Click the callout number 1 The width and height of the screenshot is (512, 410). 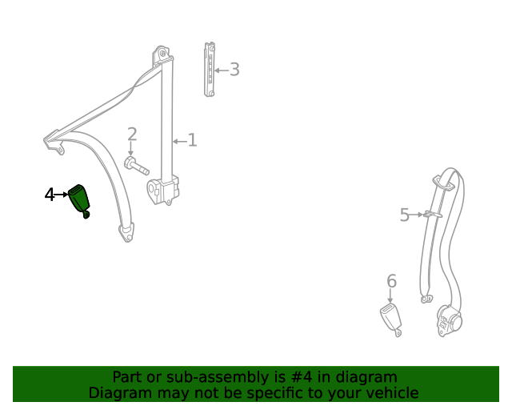coord(192,141)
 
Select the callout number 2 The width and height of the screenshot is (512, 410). coord(132,135)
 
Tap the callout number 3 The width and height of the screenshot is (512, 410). coord(234,70)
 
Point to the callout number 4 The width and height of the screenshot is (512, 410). coord(50,194)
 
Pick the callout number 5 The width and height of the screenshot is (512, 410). coord(405,215)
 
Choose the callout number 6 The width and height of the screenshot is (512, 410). coord(391,281)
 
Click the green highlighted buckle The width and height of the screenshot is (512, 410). coord(79,199)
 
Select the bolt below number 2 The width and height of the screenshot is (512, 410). coord(136,167)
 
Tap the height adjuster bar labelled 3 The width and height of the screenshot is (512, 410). coord(210,69)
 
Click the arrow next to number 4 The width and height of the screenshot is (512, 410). coord(62,194)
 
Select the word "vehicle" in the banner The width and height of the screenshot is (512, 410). coord(391,392)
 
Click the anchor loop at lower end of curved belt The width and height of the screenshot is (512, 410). coord(126,234)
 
